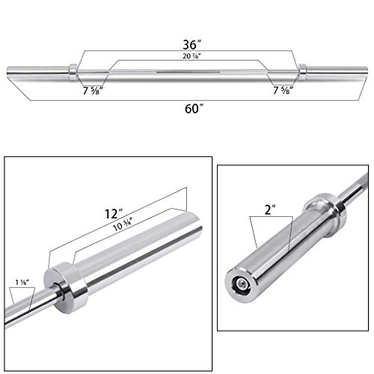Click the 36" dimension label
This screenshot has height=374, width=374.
click(x=191, y=45)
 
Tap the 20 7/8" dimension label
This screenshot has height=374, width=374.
click(x=191, y=56)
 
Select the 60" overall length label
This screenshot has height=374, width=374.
click(x=194, y=108)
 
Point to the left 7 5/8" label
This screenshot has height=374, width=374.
click(x=93, y=91)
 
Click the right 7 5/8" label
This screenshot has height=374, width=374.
click(x=283, y=91)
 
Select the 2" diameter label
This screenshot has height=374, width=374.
click(x=270, y=209)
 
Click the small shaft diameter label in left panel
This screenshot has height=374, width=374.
click(x=22, y=282)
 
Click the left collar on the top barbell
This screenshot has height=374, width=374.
click(x=73, y=73)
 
